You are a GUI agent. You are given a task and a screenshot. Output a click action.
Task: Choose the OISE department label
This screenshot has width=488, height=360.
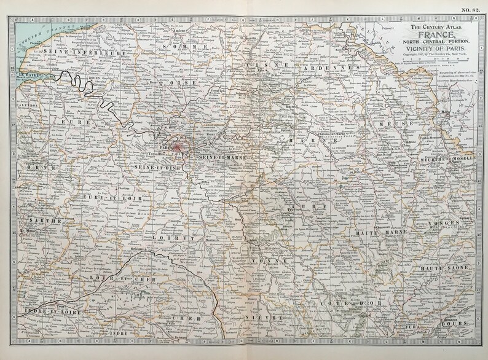(x=187, y=80)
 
